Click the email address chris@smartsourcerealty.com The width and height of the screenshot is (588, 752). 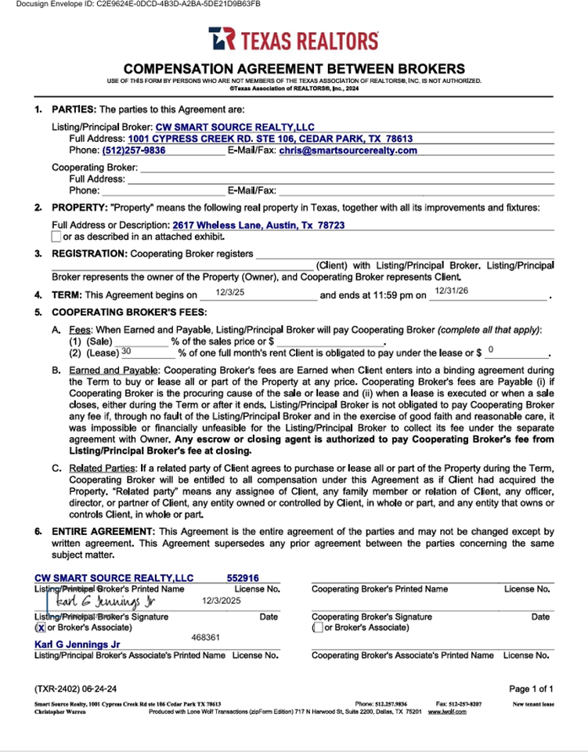coord(348,150)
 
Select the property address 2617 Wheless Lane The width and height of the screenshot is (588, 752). coord(258,225)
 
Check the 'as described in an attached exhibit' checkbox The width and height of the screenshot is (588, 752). coord(56,237)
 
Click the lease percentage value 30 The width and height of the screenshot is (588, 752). coord(126,352)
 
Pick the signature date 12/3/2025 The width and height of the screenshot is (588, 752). coord(222,601)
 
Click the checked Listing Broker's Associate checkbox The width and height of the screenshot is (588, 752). coord(40,627)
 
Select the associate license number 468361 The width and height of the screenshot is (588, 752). coord(206,638)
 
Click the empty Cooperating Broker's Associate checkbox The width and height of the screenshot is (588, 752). coord(317,627)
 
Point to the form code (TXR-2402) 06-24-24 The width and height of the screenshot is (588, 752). coord(75,689)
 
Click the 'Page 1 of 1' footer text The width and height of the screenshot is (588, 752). coord(531,689)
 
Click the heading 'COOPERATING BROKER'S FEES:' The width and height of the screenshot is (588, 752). coord(121,312)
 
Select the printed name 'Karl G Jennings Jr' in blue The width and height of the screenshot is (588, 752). coord(77,645)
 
